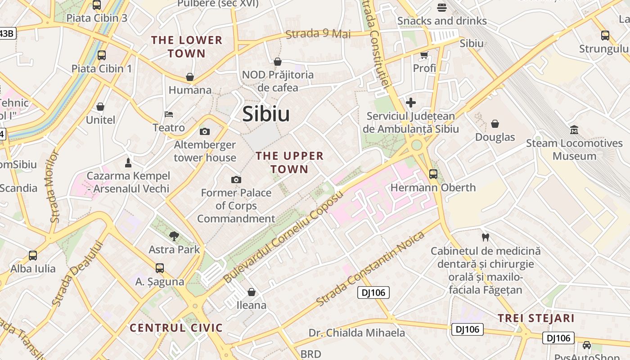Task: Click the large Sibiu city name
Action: pyautogui.click(x=266, y=114)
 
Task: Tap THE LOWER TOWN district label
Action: pyautogui.click(x=187, y=47)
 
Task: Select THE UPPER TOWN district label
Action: pyautogui.click(x=289, y=162)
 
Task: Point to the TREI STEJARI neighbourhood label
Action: pyautogui.click(x=536, y=319)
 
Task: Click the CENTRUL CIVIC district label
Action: pyautogui.click(x=176, y=328)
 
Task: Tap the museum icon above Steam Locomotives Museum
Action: pyautogui.click(x=574, y=130)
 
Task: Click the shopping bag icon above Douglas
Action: pyautogui.click(x=495, y=123)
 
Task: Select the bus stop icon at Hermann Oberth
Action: pyautogui.click(x=433, y=174)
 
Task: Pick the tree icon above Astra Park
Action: pyautogui.click(x=174, y=235)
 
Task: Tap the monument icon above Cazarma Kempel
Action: pyautogui.click(x=128, y=162)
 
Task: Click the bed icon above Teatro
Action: pyautogui.click(x=169, y=114)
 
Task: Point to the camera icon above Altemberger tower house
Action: pyautogui.click(x=205, y=131)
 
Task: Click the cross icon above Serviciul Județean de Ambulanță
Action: pyautogui.click(x=410, y=103)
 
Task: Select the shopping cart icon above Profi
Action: pyautogui.click(x=424, y=55)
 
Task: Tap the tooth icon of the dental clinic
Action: pyautogui.click(x=485, y=237)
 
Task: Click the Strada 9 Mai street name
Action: pyautogui.click(x=318, y=34)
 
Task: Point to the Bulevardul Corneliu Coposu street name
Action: pyautogui.click(x=283, y=237)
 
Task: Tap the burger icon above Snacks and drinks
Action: pyautogui.click(x=441, y=8)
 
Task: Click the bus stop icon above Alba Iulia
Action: pyautogui.click(x=33, y=255)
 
